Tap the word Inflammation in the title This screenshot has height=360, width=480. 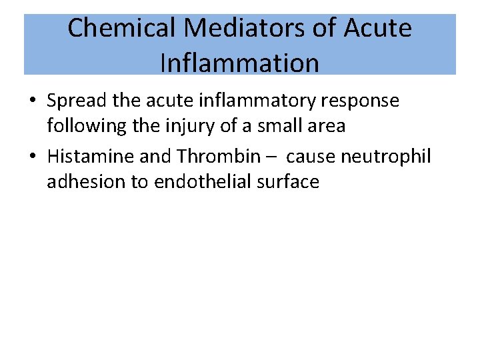[x=240, y=63]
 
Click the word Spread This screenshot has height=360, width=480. [x=77, y=101]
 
